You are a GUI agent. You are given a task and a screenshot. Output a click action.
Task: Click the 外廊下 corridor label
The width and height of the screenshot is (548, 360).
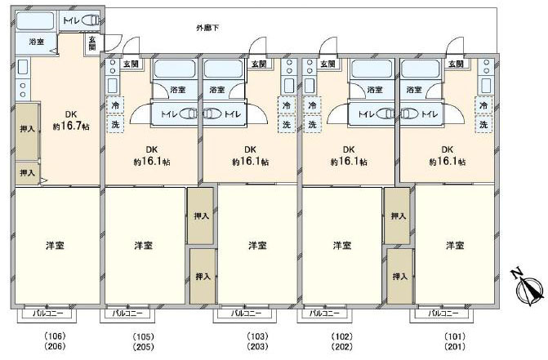[x=207, y=28]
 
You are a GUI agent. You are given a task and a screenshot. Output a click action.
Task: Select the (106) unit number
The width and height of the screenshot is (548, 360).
[x=56, y=336]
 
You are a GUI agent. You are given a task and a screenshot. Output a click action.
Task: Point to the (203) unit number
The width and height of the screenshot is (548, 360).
[x=257, y=347]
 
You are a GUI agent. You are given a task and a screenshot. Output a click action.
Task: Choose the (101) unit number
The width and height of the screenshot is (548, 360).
[x=455, y=336]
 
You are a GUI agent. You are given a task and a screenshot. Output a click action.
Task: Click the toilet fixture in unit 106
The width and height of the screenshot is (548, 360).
[x=91, y=20]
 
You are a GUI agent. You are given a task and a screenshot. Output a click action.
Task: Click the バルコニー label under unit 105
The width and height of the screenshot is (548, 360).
[x=127, y=313]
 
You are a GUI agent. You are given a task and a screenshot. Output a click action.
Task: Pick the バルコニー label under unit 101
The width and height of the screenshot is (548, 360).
[x=443, y=313]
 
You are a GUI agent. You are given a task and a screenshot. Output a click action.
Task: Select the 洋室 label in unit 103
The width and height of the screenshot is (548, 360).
[x=257, y=246]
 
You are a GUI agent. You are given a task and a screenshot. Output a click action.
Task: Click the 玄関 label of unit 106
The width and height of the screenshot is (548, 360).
[x=92, y=43]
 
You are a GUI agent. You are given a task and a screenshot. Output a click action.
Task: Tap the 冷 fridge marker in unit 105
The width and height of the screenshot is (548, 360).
[x=115, y=105]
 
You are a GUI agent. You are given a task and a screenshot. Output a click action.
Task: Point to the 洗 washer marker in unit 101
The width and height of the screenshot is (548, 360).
[x=483, y=124]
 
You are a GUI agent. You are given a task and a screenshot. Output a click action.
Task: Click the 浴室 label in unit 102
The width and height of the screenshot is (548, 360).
[x=375, y=90]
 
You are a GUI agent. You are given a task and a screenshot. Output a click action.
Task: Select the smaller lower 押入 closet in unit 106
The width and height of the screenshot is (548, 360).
[x=27, y=173]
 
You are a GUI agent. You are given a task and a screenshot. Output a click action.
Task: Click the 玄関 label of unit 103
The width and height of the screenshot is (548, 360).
[x=259, y=64]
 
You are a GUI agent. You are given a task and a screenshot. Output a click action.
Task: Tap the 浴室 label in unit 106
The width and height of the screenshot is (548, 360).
[x=37, y=42]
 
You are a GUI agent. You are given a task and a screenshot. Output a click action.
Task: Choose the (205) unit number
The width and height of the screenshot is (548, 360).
[x=143, y=347]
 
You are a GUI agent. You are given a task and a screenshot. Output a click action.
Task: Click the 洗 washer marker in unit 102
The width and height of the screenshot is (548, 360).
[x=312, y=124]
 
